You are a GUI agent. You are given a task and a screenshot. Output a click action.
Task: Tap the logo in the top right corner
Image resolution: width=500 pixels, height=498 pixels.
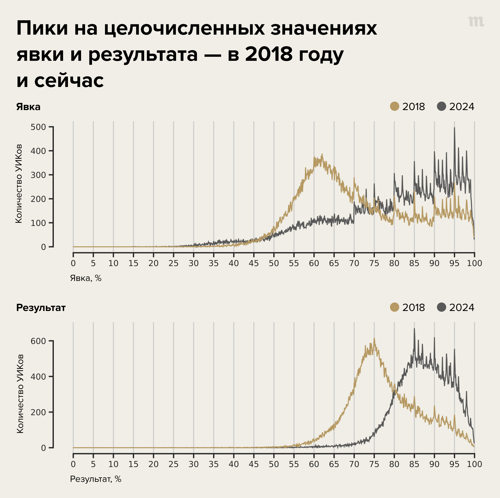476,22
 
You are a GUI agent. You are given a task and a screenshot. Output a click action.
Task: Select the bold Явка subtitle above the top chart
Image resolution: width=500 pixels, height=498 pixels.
28,107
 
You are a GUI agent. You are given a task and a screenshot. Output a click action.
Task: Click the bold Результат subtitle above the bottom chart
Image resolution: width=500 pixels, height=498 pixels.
41,308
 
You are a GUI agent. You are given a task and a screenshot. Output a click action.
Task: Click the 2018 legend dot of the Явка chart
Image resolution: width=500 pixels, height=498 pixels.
394,106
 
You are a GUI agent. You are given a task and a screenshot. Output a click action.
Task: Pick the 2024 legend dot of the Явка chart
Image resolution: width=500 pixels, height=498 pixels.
442,106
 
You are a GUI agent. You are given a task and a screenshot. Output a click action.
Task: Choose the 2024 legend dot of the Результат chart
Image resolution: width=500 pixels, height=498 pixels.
442,307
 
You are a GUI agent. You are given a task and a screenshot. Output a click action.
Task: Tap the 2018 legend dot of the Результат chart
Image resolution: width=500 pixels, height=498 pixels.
394,307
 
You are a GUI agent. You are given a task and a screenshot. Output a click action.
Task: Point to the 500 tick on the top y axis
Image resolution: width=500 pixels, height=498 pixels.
38,127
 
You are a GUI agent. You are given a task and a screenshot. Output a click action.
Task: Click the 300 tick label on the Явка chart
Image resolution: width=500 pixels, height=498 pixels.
38,175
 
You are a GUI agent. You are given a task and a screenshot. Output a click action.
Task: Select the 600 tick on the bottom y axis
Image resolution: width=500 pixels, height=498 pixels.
38,341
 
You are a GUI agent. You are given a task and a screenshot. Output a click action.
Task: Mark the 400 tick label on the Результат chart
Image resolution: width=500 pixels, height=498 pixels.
38,376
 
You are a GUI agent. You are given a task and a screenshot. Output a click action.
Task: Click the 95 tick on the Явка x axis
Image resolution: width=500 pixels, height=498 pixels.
454,263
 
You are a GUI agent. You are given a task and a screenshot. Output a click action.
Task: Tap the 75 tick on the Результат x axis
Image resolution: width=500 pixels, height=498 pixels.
374,464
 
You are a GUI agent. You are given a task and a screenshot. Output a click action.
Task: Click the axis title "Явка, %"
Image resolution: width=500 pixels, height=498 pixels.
86,278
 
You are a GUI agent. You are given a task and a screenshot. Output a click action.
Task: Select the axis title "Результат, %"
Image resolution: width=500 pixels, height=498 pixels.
95,479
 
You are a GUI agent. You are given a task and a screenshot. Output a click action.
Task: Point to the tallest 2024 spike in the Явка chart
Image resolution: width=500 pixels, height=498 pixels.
454,128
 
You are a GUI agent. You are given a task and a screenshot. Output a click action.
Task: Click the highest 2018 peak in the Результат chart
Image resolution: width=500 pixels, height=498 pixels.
374,339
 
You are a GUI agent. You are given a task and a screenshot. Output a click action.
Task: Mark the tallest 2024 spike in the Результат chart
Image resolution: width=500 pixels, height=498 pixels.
414,329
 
